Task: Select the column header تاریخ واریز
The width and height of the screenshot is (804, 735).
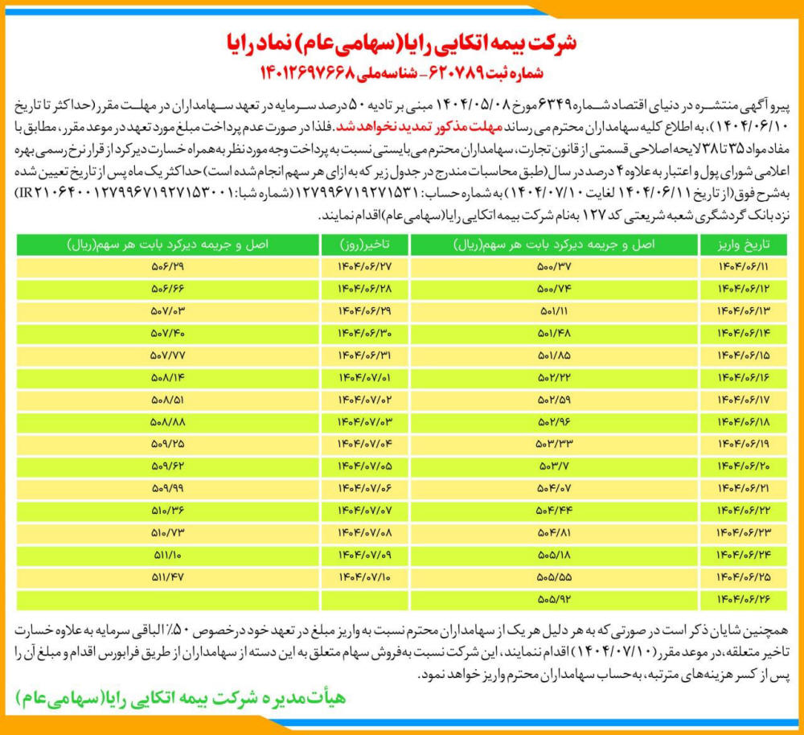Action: pos(739,244)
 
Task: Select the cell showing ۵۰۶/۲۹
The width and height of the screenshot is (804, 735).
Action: pos(167,266)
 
